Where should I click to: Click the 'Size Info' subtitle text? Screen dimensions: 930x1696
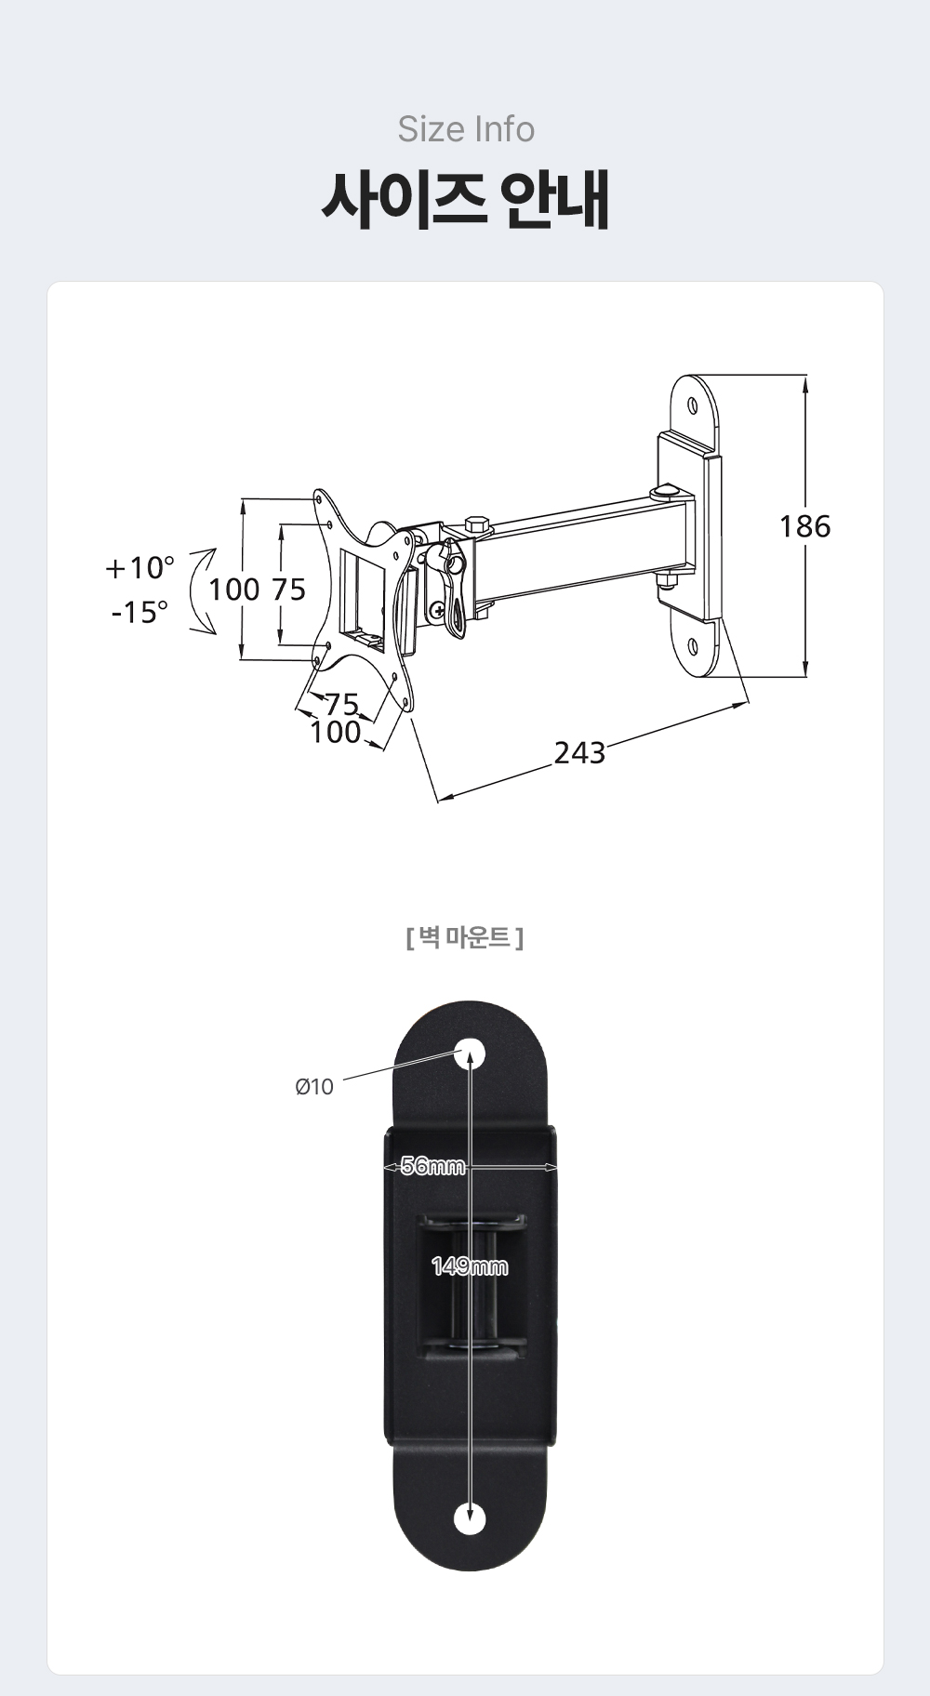tap(466, 129)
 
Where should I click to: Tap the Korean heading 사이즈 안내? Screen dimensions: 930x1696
tap(465, 199)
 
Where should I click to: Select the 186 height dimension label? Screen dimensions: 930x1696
tap(804, 526)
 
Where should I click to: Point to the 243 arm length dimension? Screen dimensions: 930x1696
tap(579, 751)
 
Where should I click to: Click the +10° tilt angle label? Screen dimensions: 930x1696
tap(139, 567)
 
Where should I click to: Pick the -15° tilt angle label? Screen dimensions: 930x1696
tap(139, 612)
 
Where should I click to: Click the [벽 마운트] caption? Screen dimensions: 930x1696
tap(465, 937)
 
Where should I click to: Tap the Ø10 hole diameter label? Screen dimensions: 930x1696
tap(314, 1086)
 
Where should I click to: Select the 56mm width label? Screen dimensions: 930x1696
tap(432, 1166)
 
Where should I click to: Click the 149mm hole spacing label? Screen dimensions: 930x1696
tap(470, 1265)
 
